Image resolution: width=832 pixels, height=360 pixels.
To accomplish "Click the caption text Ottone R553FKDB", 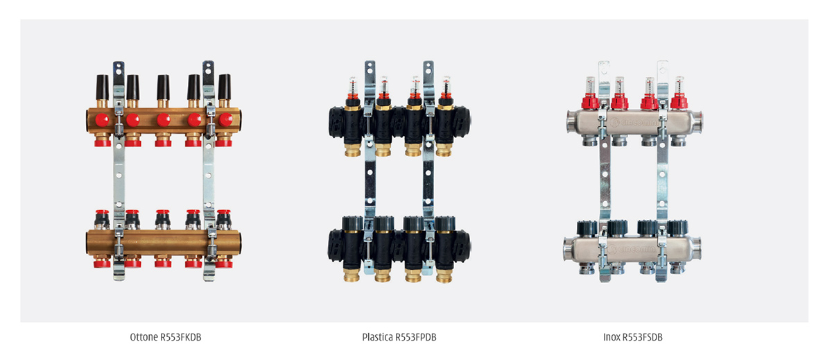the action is point(166,337).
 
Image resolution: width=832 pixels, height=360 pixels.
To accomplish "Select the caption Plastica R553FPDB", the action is point(399,337).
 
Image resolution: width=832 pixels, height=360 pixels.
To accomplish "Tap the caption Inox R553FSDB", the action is point(633,337).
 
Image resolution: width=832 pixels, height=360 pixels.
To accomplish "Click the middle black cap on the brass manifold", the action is point(163,87).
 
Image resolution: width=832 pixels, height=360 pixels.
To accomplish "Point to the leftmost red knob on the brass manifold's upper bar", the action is point(102,120).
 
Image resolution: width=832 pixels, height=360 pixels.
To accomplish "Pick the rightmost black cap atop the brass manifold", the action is point(225,87).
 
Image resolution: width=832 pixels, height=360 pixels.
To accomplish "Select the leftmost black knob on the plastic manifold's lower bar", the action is point(352,223).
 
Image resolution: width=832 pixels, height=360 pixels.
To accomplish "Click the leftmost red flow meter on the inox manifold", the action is point(590,93).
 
